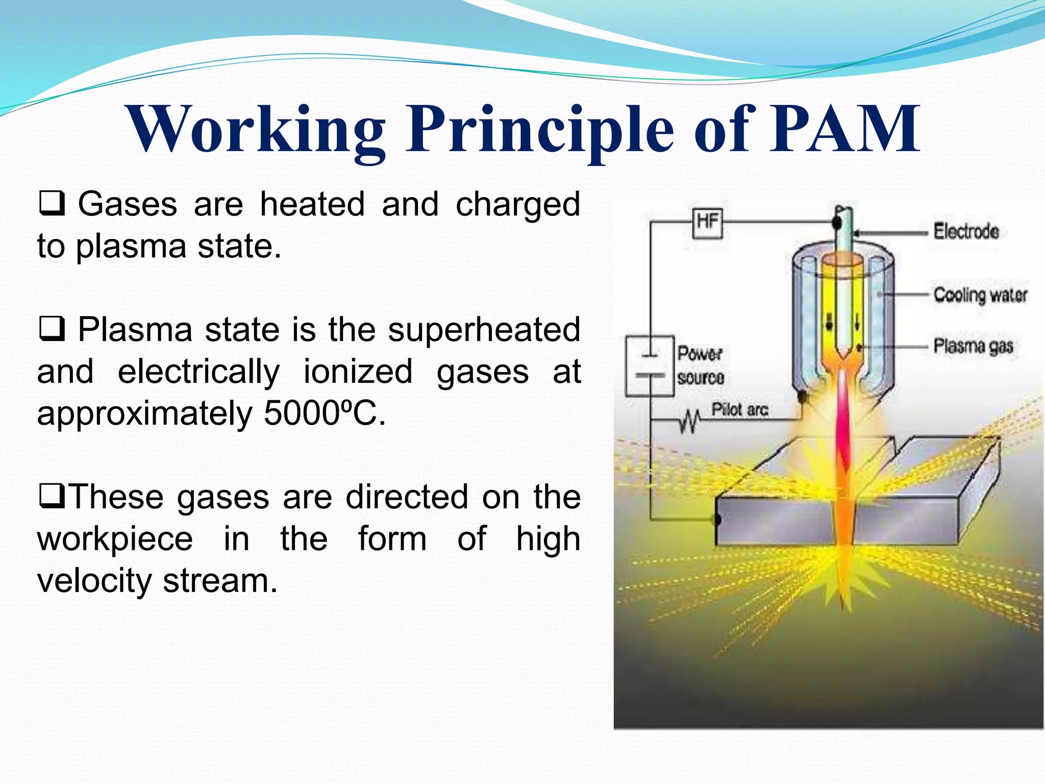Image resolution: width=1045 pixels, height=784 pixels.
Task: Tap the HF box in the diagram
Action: [x=707, y=223]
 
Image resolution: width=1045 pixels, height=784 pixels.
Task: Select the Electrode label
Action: [x=966, y=231]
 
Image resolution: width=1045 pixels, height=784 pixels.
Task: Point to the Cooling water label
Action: [x=980, y=295]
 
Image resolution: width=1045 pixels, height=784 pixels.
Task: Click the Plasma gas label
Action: [x=973, y=346]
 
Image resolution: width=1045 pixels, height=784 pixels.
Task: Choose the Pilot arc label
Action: [x=739, y=409]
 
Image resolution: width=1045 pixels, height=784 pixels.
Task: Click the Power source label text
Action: [x=700, y=365]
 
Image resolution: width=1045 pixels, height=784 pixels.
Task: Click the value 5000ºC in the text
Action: [x=324, y=413]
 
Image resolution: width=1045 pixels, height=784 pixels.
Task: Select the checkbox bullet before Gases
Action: [x=52, y=204]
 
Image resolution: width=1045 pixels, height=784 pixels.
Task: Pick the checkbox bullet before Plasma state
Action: [x=52, y=329]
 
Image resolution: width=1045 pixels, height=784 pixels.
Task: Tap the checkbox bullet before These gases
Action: [x=51, y=496]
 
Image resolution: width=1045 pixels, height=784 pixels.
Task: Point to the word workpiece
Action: [x=115, y=538]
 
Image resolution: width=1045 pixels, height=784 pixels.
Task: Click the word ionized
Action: [x=358, y=371]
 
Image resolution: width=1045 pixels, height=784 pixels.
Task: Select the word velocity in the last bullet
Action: [x=94, y=581]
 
